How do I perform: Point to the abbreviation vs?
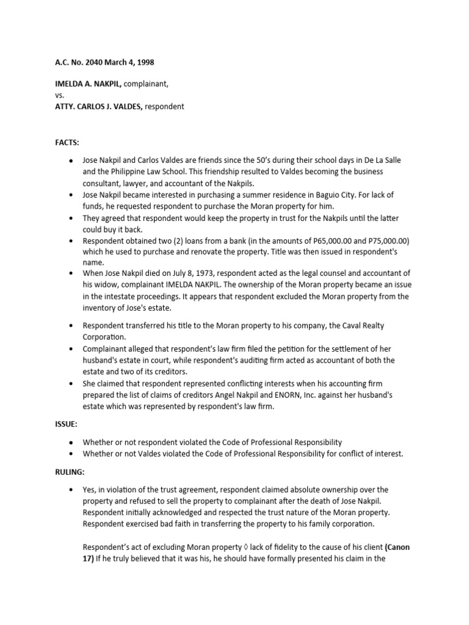tap(60, 96)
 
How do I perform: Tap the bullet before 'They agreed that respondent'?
tap(72, 218)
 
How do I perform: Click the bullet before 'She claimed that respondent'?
tap(72, 384)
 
